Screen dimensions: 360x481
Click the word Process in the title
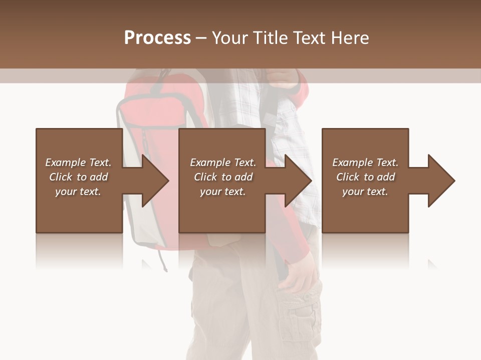pos(157,38)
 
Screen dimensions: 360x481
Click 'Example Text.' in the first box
pos(78,162)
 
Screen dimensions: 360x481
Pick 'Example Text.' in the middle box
pos(223,162)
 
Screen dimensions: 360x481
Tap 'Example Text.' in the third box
pos(365,162)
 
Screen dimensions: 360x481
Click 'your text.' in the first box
pos(78,191)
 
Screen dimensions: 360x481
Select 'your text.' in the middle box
pos(223,191)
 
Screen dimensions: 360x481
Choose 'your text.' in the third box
pos(365,191)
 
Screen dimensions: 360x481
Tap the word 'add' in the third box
pos(386,177)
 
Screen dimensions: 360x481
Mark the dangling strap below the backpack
pos(162,260)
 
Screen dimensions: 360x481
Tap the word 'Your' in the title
pos(229,38)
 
